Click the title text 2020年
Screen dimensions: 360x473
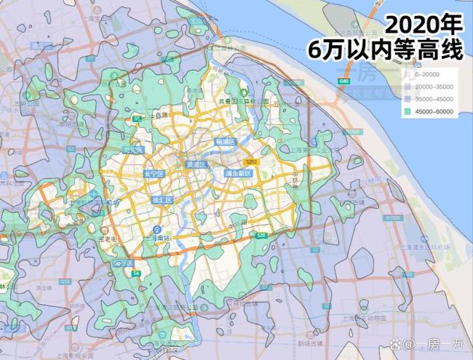[424, 25]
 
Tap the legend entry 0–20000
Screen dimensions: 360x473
[430, 74]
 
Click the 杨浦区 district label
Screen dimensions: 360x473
[226, 141]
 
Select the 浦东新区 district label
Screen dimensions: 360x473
[238, 174]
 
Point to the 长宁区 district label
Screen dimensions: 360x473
[154, 174]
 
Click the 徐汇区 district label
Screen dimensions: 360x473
[162, 200]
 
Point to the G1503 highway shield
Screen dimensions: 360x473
[394, 217]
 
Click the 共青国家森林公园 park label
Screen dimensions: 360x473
[243, 100]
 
